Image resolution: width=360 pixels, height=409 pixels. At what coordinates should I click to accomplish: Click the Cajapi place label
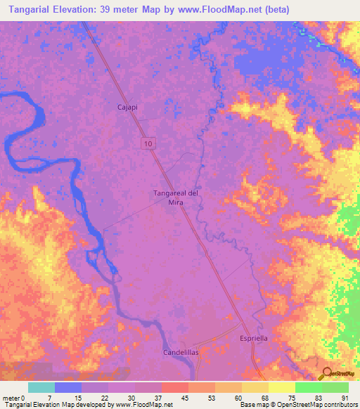(127, 108)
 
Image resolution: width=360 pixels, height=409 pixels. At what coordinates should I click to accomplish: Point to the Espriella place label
(254, 338)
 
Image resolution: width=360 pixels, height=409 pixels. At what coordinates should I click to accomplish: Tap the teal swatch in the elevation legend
(41, 387)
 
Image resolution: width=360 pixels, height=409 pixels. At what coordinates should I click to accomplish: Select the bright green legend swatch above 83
(309, 387)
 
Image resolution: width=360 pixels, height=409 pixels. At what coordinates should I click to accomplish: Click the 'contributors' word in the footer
(340, 405)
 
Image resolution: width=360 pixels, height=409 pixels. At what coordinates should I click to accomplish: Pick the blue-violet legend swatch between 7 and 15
(68, 387)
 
